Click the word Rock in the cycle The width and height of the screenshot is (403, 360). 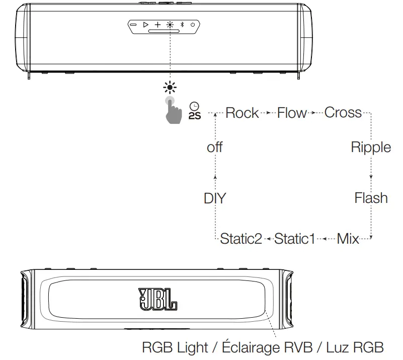tap(242, 113)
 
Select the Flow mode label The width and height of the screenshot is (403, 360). tap(292, 113)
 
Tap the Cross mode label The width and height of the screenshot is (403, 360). tap(343, 113)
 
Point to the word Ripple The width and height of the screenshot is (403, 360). tap(371, 148)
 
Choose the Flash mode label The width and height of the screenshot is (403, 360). tap(371, 198)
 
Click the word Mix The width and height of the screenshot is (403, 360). tap(348, 239)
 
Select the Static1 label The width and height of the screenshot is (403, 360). tap(294, 239)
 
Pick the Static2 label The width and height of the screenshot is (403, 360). tap(241, 239)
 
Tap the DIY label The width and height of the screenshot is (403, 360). tap(215, 198)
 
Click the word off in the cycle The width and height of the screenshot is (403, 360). tap(215, 148)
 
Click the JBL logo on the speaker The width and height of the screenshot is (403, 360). tap(157, 299)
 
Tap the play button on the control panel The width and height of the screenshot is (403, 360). tap(145, 25)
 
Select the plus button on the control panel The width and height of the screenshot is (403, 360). tap(157, 25)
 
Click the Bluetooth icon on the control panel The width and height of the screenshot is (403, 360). tap(182, 25)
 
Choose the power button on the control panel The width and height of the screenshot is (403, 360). tap(193, 25)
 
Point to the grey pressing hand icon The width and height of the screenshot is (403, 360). tap(173, 111)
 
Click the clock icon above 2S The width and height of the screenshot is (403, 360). tap(194, 106)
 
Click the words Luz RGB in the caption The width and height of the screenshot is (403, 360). tap(355, 347)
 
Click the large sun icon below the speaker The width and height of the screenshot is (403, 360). tap(170, 88)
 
